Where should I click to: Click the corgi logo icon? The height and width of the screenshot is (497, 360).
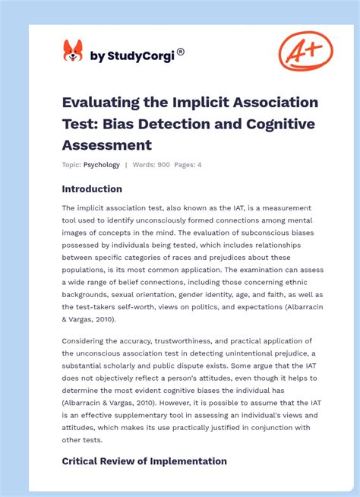tap(73, 51)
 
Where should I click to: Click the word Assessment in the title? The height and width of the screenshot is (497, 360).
tap(106, 144)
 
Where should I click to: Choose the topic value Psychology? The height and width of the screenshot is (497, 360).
tap(102, 165)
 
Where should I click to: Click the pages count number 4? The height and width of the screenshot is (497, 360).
tap(200, 165)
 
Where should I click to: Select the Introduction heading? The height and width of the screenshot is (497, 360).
tap(92, 188)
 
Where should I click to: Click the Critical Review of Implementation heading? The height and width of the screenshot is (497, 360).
tap(144, 461)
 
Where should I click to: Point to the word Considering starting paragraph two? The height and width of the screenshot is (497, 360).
tap(87, 341)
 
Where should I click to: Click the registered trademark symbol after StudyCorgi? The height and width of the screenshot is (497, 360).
tap(181, 52)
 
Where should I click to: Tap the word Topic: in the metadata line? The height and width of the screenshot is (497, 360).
tap(71, 165)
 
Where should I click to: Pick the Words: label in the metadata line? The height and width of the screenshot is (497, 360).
tap(144, 165)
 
